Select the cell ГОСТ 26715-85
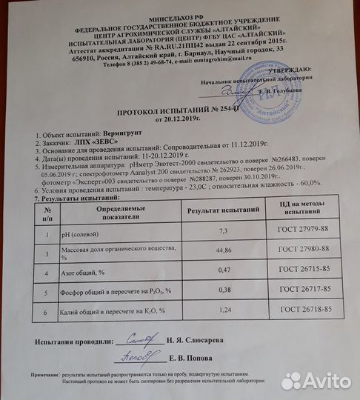303,273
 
